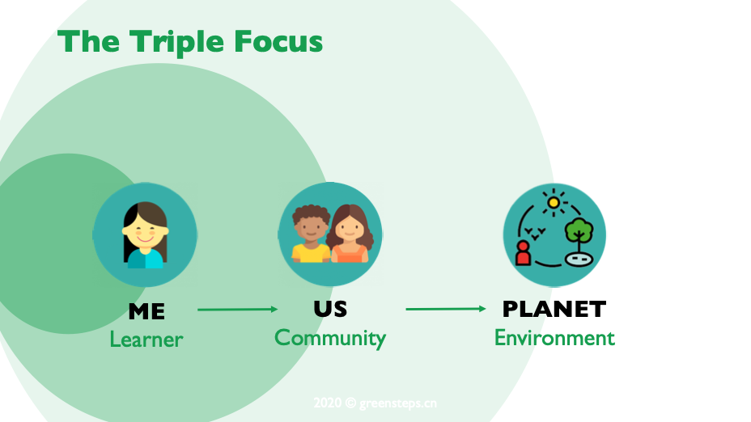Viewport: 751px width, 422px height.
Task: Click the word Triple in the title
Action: (x=176, y=42)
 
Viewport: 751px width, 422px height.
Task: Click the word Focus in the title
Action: (x=278, y=41)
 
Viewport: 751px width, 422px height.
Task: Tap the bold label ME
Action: (x=146, y=312)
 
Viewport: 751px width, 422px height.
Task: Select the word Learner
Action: (x=146, y=340)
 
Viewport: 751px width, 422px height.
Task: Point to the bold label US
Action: (x=330, y=309)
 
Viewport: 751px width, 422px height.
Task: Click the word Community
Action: (x=330, y=338)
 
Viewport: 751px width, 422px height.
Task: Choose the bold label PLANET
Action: (x=554, y=309)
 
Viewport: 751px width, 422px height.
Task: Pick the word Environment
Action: (x=554, y=338)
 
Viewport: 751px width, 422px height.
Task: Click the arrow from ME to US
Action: (x=238, y=310)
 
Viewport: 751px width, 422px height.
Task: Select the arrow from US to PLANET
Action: (x=446, y=309)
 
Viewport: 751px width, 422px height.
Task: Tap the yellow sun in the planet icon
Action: (x=554, y=202)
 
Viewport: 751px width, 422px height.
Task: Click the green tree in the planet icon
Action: (x=579, y=231)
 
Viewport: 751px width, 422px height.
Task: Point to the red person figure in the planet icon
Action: (x=523, y=253)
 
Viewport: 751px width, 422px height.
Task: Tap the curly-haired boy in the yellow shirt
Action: (x=311, y=234)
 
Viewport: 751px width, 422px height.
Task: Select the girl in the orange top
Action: (x=350, y=234)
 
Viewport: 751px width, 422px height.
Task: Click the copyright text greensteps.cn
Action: (x=398, y=403)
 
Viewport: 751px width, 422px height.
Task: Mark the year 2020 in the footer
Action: (x=328, y=403)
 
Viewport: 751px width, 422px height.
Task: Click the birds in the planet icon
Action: (x=535, y=234)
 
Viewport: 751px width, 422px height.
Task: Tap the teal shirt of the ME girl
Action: (x=146, y=259)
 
